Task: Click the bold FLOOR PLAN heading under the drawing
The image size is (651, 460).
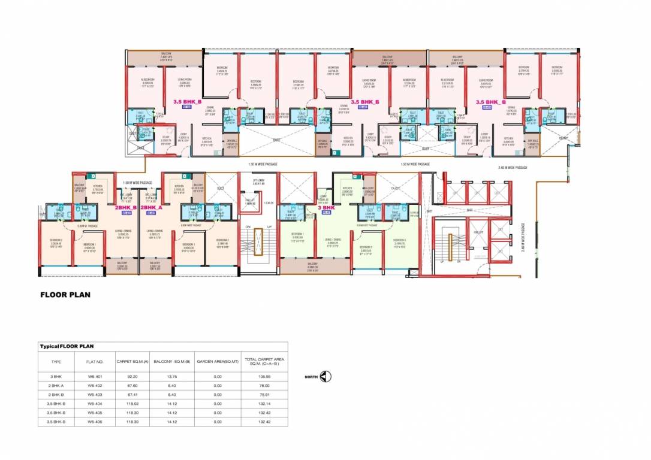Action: coord(65,295)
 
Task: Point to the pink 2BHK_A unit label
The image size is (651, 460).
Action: coord(152,207)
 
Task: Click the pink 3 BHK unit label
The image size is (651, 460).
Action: coord(326,207)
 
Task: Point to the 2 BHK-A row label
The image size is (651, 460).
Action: coord(57,386)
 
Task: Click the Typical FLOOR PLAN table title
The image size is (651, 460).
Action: coord(67,346)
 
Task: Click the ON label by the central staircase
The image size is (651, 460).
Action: coord(247,226)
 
